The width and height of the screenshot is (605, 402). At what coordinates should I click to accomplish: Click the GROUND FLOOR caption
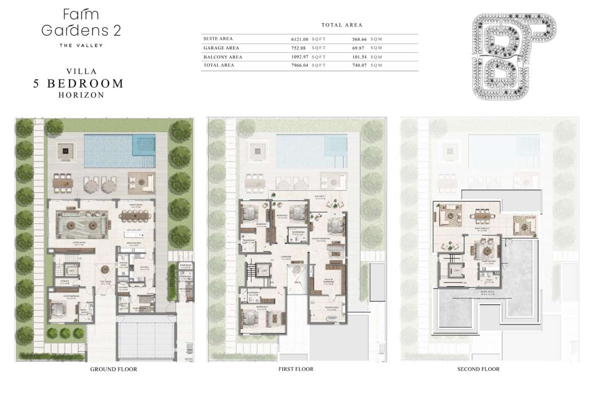click(x=113, y=369)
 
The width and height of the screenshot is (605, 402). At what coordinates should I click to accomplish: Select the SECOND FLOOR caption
click(x=478, y=369)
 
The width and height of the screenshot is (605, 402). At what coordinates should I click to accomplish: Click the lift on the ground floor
click(x=72, y=271)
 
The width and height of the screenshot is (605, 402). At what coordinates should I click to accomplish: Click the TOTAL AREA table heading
click(x=341, y=25)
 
